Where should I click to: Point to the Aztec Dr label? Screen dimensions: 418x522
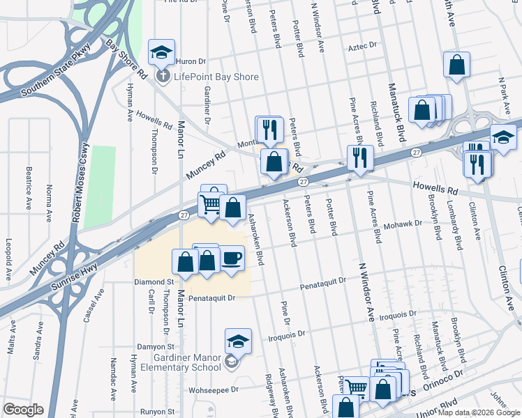(x=362, y=47)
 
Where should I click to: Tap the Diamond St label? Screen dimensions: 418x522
(x=154, y=282)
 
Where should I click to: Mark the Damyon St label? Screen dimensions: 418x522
(x=155, y=346)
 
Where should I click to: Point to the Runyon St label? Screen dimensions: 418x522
(x=156, y=412)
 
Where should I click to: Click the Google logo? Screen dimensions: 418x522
(x=23, y=410)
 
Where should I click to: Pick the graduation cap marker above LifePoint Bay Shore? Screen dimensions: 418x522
(x=161, y=52)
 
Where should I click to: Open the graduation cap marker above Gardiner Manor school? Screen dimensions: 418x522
(x=238, y=341)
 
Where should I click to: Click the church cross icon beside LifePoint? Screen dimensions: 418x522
(x=163, y=76)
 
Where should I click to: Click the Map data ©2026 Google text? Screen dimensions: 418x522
(x=478, y=412)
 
